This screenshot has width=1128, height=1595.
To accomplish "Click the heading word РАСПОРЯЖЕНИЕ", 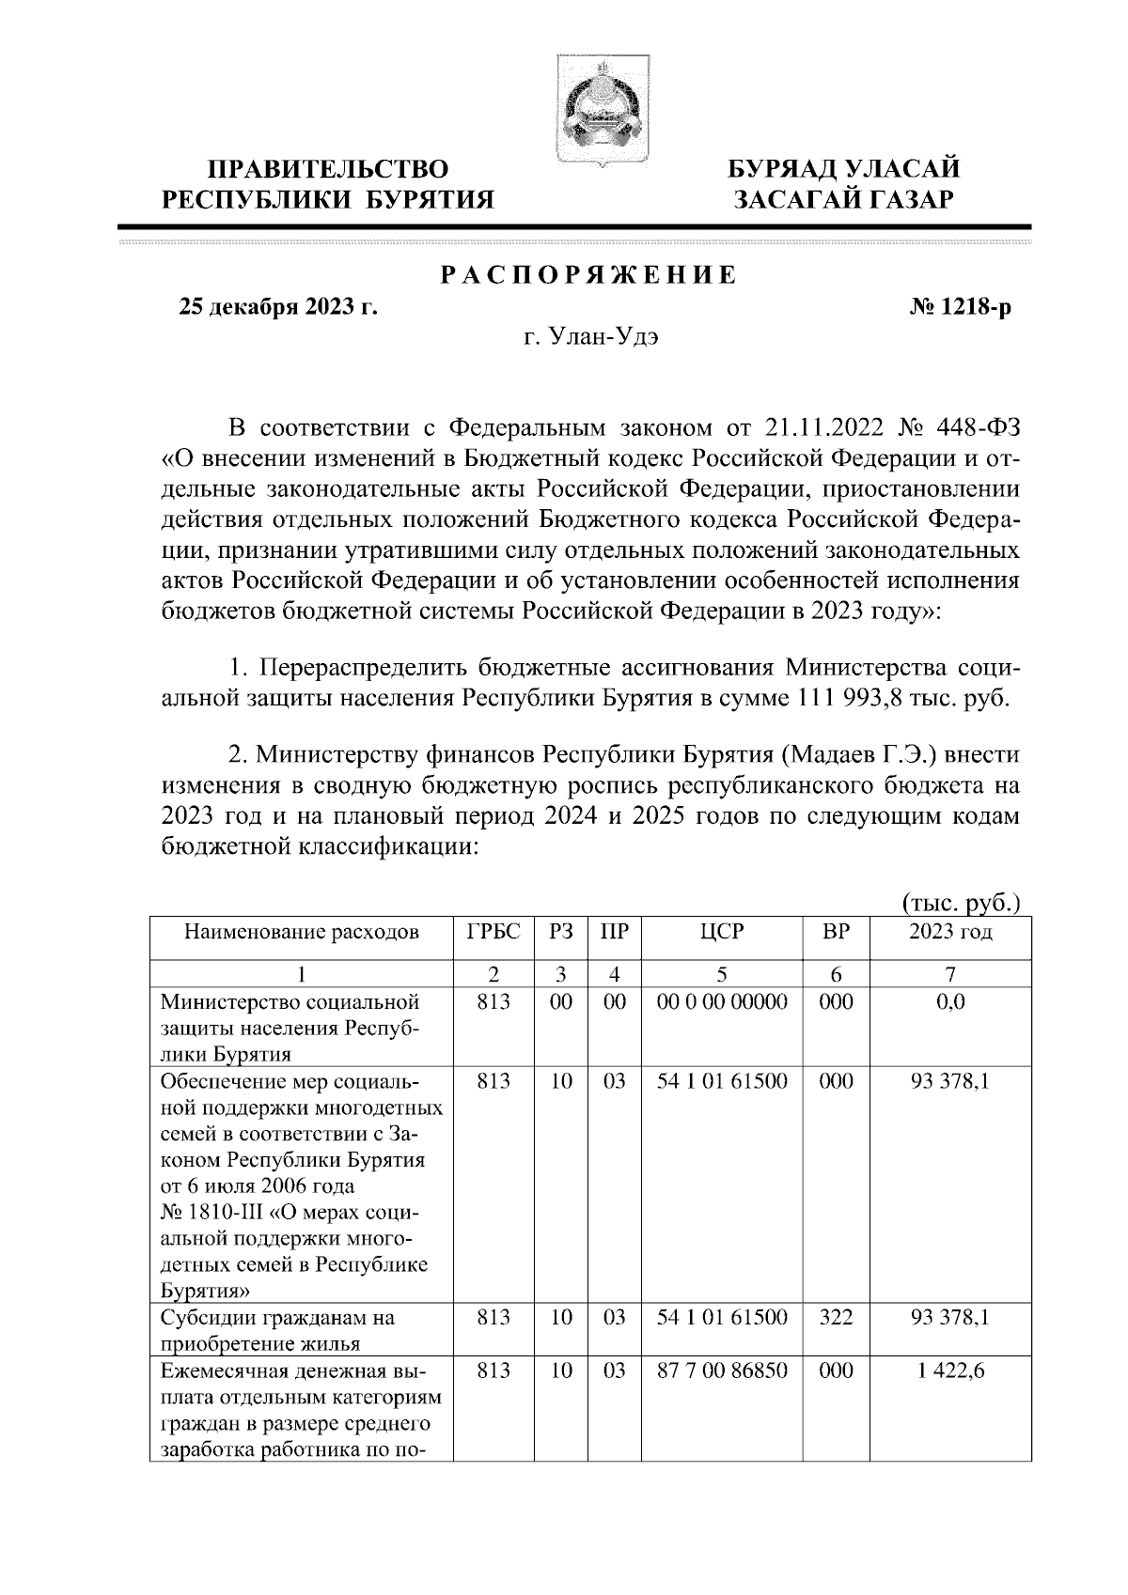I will pos(589,276).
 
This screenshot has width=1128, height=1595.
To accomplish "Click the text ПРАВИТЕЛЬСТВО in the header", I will pos(328,170).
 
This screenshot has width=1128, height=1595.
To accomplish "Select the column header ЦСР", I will pos(721,933).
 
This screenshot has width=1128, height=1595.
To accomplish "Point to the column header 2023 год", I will pos(950,933).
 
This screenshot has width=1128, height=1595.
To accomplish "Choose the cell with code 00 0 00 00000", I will pos(721,1002).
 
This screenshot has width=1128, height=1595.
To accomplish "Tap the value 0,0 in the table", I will pos(950,1002).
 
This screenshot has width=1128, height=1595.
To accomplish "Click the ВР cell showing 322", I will pos(836,1318).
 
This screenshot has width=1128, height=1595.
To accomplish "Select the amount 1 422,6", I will pos(950,1371).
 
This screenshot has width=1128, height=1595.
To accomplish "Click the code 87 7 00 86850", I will pos(721,1371).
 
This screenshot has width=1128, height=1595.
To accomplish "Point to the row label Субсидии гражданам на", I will pos(277,1318).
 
